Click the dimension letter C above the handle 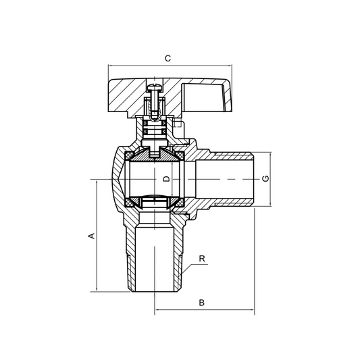click(x=168, y=58)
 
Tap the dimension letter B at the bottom click(x=201, y=303)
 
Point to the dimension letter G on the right click(x=266, y=179)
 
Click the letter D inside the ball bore click(x=164, y=180)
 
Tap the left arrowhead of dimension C click(x=110, y=66)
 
